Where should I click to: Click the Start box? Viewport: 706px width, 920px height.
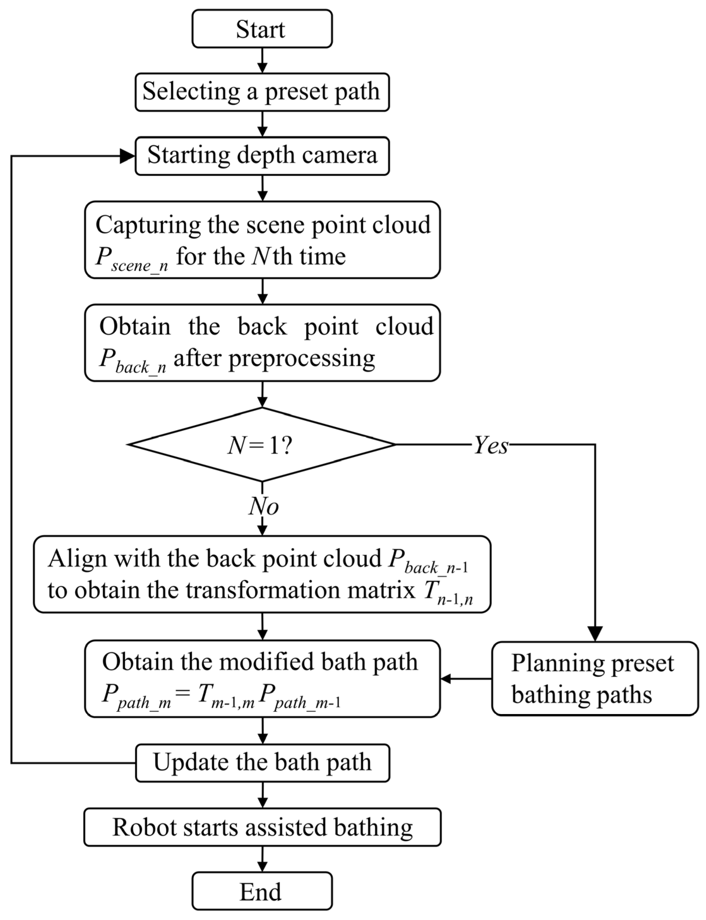[262, 29]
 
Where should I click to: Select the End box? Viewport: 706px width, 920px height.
[262, 891]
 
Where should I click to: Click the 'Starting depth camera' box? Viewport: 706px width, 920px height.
[262, 156]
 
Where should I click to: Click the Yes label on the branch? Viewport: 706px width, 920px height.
[491, 445]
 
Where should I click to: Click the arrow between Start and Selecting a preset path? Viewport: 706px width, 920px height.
[262, 61]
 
